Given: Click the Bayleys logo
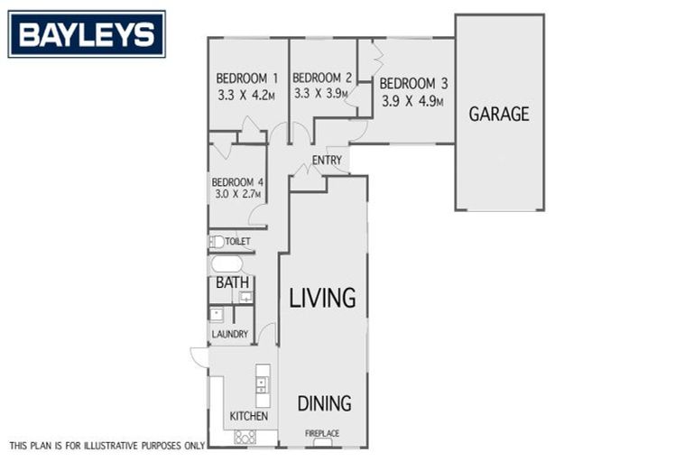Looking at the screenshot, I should tap(87, 34).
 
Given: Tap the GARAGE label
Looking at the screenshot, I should tap(498, 115).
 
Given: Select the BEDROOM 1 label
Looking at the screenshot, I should tap(246, 78).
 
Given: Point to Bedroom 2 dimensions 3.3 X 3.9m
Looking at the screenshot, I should tap(320, 93).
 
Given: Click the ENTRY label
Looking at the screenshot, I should tap(327, 161).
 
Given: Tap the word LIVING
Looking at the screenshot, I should tap(322, 298).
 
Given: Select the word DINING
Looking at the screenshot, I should tap(324, 403).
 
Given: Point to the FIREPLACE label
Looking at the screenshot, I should tap(322, 434).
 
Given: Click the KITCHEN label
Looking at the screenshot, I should tap(248, 416).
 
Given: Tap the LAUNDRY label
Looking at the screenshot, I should tap(229, 334).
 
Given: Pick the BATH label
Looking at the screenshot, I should tap(232, 283).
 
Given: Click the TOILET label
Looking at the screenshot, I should tap(237, 242).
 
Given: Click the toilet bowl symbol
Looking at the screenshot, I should tap(217, 242).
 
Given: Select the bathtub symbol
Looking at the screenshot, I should tap(226, 264).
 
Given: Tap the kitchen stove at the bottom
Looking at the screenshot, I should tap(245, 437).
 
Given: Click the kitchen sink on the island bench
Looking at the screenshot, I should tap(263, 384).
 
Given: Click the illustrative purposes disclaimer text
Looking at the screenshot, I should tap(106, 445).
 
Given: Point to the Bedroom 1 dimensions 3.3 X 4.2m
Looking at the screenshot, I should tap(246, 93).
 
